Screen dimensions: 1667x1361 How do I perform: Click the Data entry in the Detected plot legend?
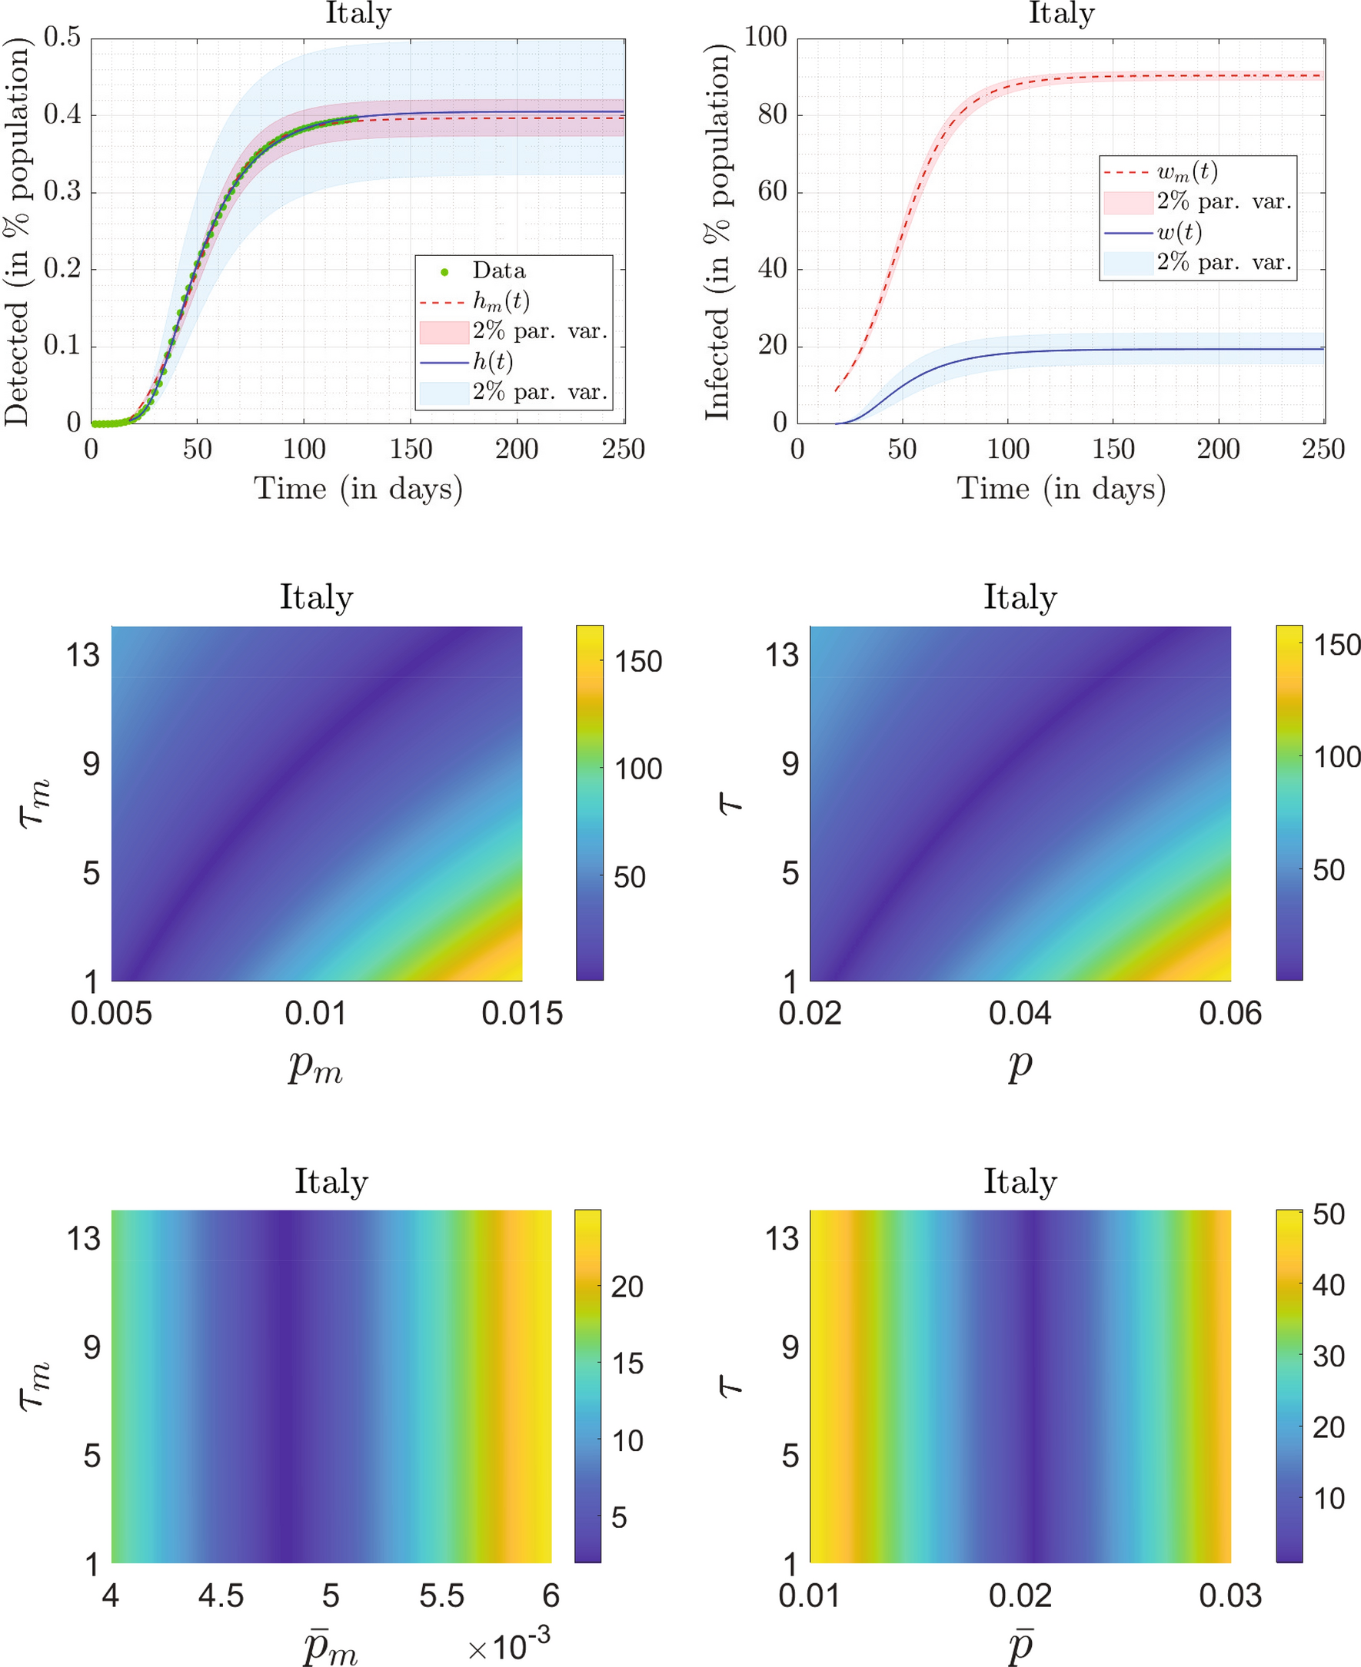point(497,271)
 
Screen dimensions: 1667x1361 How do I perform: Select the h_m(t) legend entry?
point(500,301)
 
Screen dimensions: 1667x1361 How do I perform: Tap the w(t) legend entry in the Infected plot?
point(1179,232)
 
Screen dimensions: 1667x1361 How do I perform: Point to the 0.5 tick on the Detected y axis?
point(62,37)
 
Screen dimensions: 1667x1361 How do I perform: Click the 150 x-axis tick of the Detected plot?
point(411,449)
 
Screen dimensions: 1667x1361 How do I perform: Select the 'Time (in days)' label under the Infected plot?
point(1060,488)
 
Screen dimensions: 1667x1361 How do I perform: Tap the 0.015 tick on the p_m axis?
point(521,1014)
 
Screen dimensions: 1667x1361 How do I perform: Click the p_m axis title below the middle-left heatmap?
point(315,1066)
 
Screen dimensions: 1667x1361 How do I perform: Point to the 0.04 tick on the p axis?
point(1019,1014)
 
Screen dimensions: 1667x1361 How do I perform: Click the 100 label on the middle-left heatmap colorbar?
point(637,769)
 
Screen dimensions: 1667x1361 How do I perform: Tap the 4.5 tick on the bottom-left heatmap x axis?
point(221,1596)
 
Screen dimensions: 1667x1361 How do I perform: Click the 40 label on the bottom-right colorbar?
point(1328,1285)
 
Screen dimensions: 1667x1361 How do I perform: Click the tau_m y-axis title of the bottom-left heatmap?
point(35,1386)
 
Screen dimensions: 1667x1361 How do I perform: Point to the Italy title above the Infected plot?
point(1060,13)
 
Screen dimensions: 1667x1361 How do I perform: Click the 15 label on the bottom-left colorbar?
point(627,1363)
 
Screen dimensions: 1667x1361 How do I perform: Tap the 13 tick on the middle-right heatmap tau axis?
point(781,656)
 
